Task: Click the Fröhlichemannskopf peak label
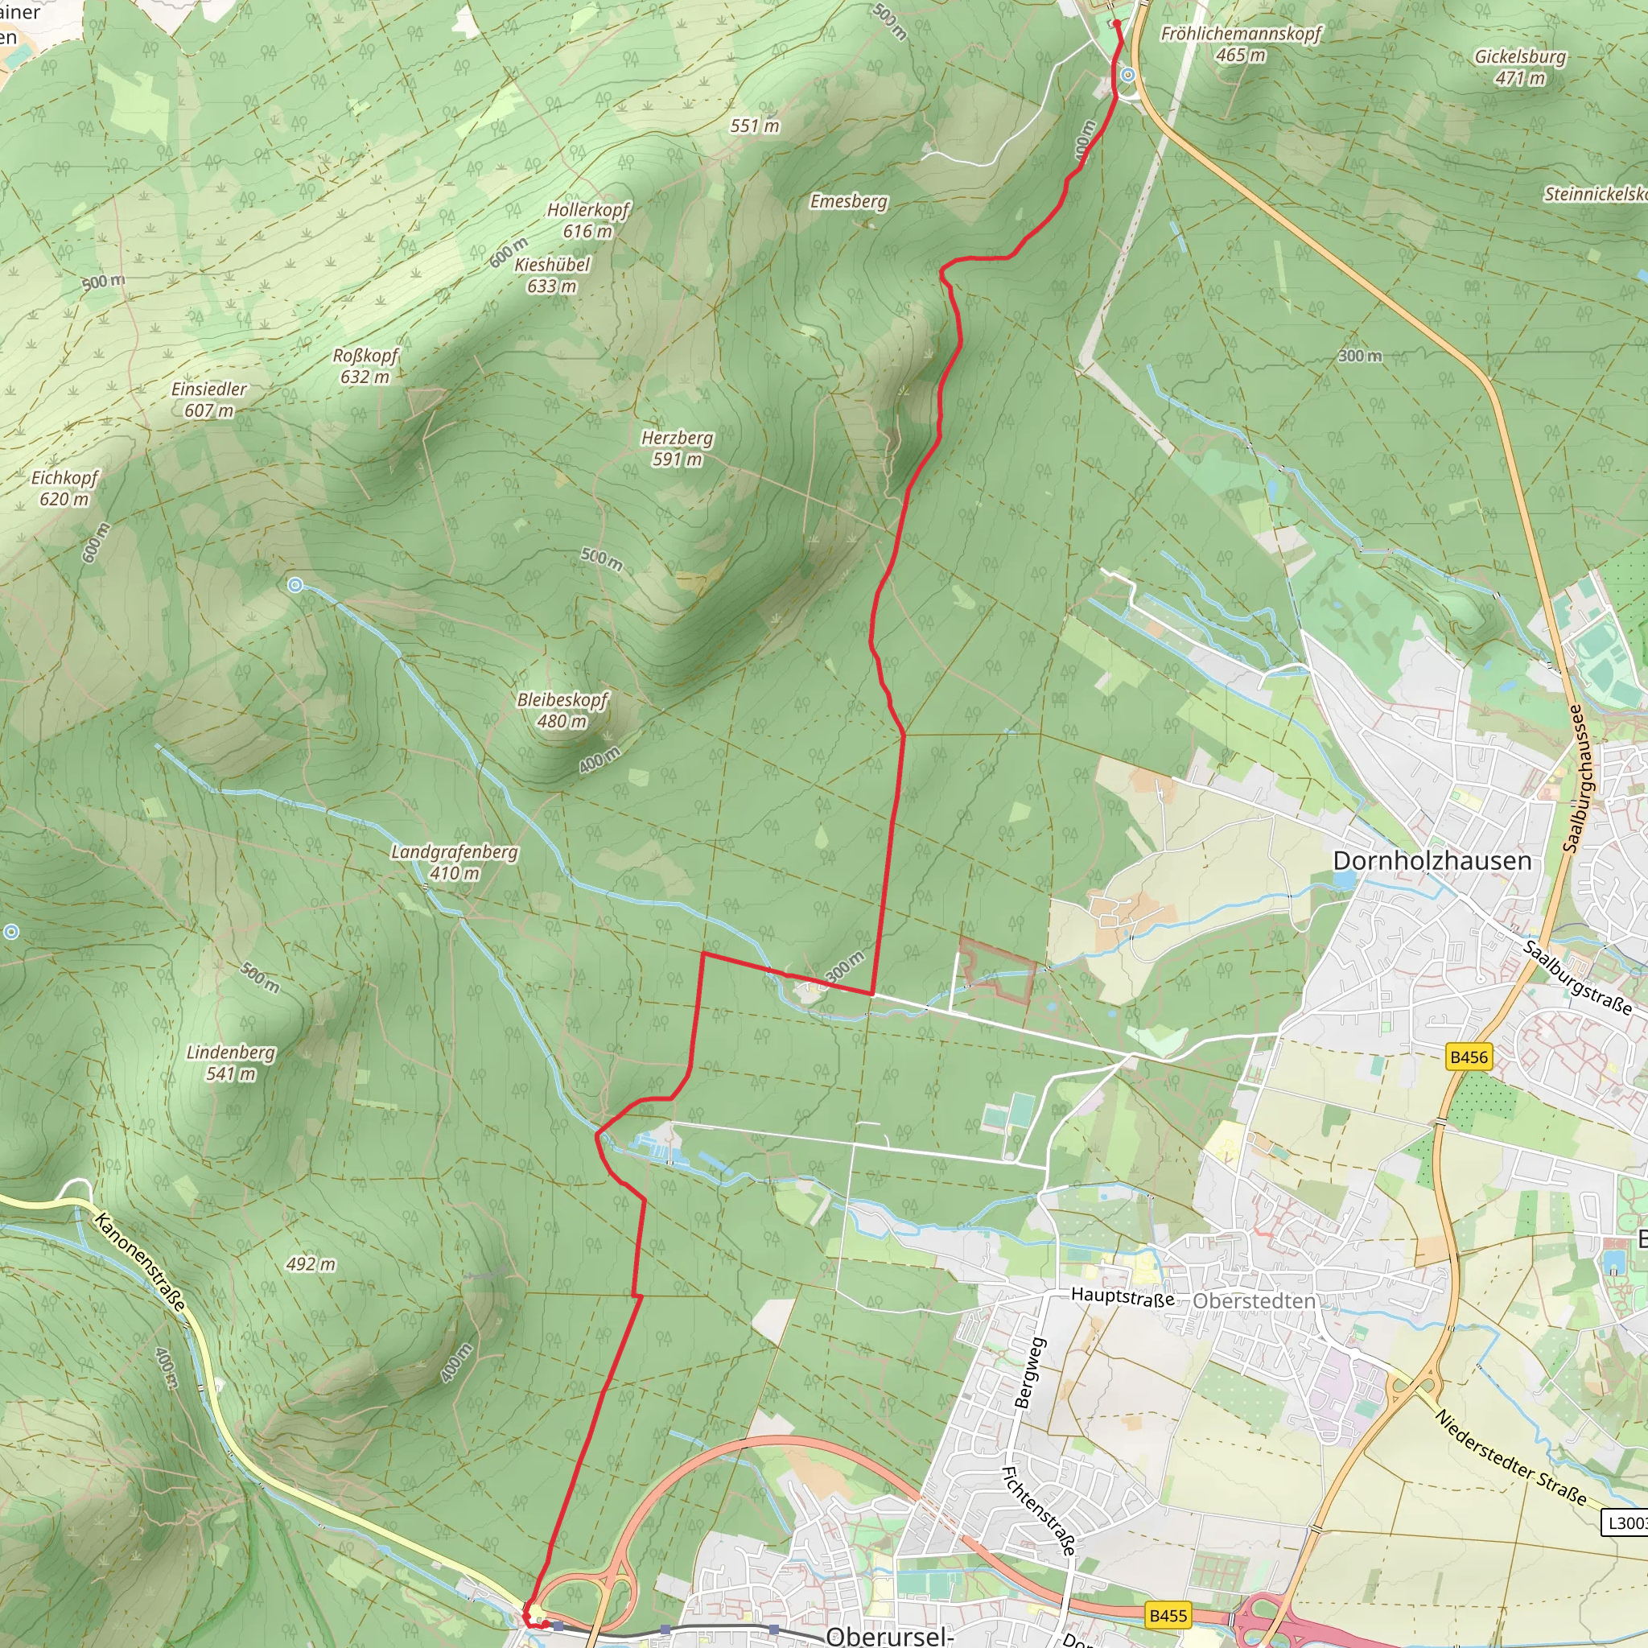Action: pyautogui.click(x=1240, y=43)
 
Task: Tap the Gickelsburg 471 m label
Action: pyautogui.click(x=1520, y=67)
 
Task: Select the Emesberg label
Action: pyautogui.click(x=849, y=201)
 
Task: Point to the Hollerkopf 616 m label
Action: pyautogui.click(x=587, y=220)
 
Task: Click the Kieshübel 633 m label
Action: pyautogui.click(x=552, y=274)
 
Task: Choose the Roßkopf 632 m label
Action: pyautogui.click(x=365, y=365)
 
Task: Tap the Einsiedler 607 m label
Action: pyautogui.click(x=209, y=399)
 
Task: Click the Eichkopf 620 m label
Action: pyautogui.click(x=65, y=488)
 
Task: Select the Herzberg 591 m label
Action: pyautogui.click(x=678, y=448)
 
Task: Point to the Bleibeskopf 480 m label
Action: pyautogui.click(x=562, y=710)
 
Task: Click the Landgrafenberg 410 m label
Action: pyautogui.click(x=455, y=862)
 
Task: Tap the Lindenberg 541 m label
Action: pyautogui.click(x=230, y=1062)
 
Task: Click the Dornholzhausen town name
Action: pyautogui.click(x=1432, y=861)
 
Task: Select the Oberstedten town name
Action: pyautogui.click(x=1254, y=1301)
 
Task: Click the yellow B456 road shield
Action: pyautogui.click(x=1468, y=1057)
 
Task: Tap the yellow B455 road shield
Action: pyautogui.click(x=1168, y=1615)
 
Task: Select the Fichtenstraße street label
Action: pyautogui.click(x=1037, y=1510)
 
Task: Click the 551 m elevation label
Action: pyautogui.click(x=755, y=126)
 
